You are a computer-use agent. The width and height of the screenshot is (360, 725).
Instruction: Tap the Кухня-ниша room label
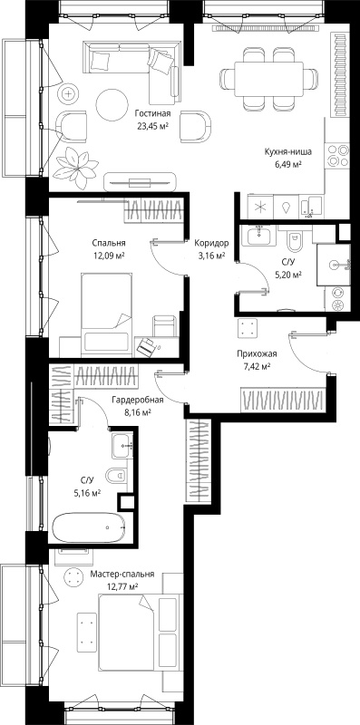point(287,151)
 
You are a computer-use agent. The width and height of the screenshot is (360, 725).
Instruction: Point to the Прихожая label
point(257,354)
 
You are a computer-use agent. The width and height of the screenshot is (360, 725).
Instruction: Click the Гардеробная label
point(138,401)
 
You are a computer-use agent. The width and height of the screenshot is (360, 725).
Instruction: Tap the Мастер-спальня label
point(122,575)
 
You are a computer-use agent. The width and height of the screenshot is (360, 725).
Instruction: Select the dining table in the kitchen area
point(268,79)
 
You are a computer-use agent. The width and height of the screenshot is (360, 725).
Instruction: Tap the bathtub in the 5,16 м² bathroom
point(88,527)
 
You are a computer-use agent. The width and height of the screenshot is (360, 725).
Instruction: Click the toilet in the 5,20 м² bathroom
point(295,239)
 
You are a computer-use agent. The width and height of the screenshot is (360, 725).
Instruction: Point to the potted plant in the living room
point(75,168)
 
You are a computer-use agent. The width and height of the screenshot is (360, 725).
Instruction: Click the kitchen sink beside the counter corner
point(311,207)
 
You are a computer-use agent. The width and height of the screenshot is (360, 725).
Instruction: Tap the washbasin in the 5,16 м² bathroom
point(122,446)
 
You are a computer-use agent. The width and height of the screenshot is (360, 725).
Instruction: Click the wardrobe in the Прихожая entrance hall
point(282,400)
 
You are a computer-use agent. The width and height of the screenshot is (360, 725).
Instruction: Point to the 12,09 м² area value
point(109,254)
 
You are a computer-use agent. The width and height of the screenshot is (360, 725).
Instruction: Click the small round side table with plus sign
point(69,94)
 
